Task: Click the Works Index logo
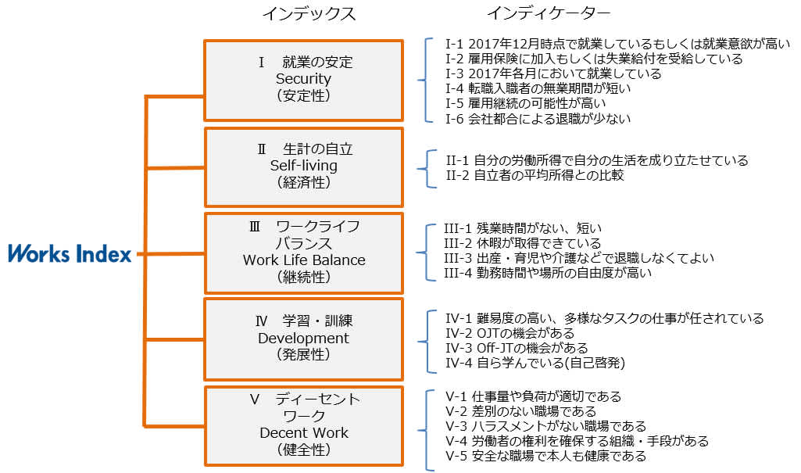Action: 70,253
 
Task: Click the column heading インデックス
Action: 308,14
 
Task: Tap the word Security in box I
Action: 303,79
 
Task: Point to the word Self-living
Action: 303,166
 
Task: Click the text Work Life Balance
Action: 303,260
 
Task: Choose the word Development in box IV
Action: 303,339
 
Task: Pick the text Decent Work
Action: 303,433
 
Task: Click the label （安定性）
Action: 303,95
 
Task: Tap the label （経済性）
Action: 303,182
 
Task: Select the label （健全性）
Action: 303,450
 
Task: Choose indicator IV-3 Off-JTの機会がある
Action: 517,348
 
